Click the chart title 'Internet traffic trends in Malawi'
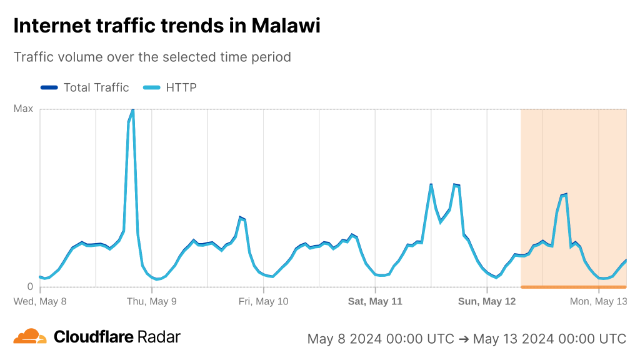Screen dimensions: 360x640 [167, 26]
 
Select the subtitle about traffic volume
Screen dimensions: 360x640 [152, 57]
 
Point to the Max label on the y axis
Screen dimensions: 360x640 [23, 109]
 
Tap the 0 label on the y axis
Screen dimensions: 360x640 [30, 287]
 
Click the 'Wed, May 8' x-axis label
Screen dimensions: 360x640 [40, 301]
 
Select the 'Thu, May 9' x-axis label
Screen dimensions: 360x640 [152, 301]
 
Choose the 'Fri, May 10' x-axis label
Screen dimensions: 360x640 [264, 301]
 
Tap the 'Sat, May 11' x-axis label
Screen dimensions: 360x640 [375, 301]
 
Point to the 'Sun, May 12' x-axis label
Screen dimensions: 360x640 [487, 301]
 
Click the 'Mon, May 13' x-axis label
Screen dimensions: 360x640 [598, 301]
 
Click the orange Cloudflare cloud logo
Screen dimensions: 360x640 [30, 337]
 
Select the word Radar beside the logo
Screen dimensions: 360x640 [159, 337]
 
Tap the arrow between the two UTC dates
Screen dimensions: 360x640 [464, 339]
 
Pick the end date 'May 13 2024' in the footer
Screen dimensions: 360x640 [511, 339]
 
